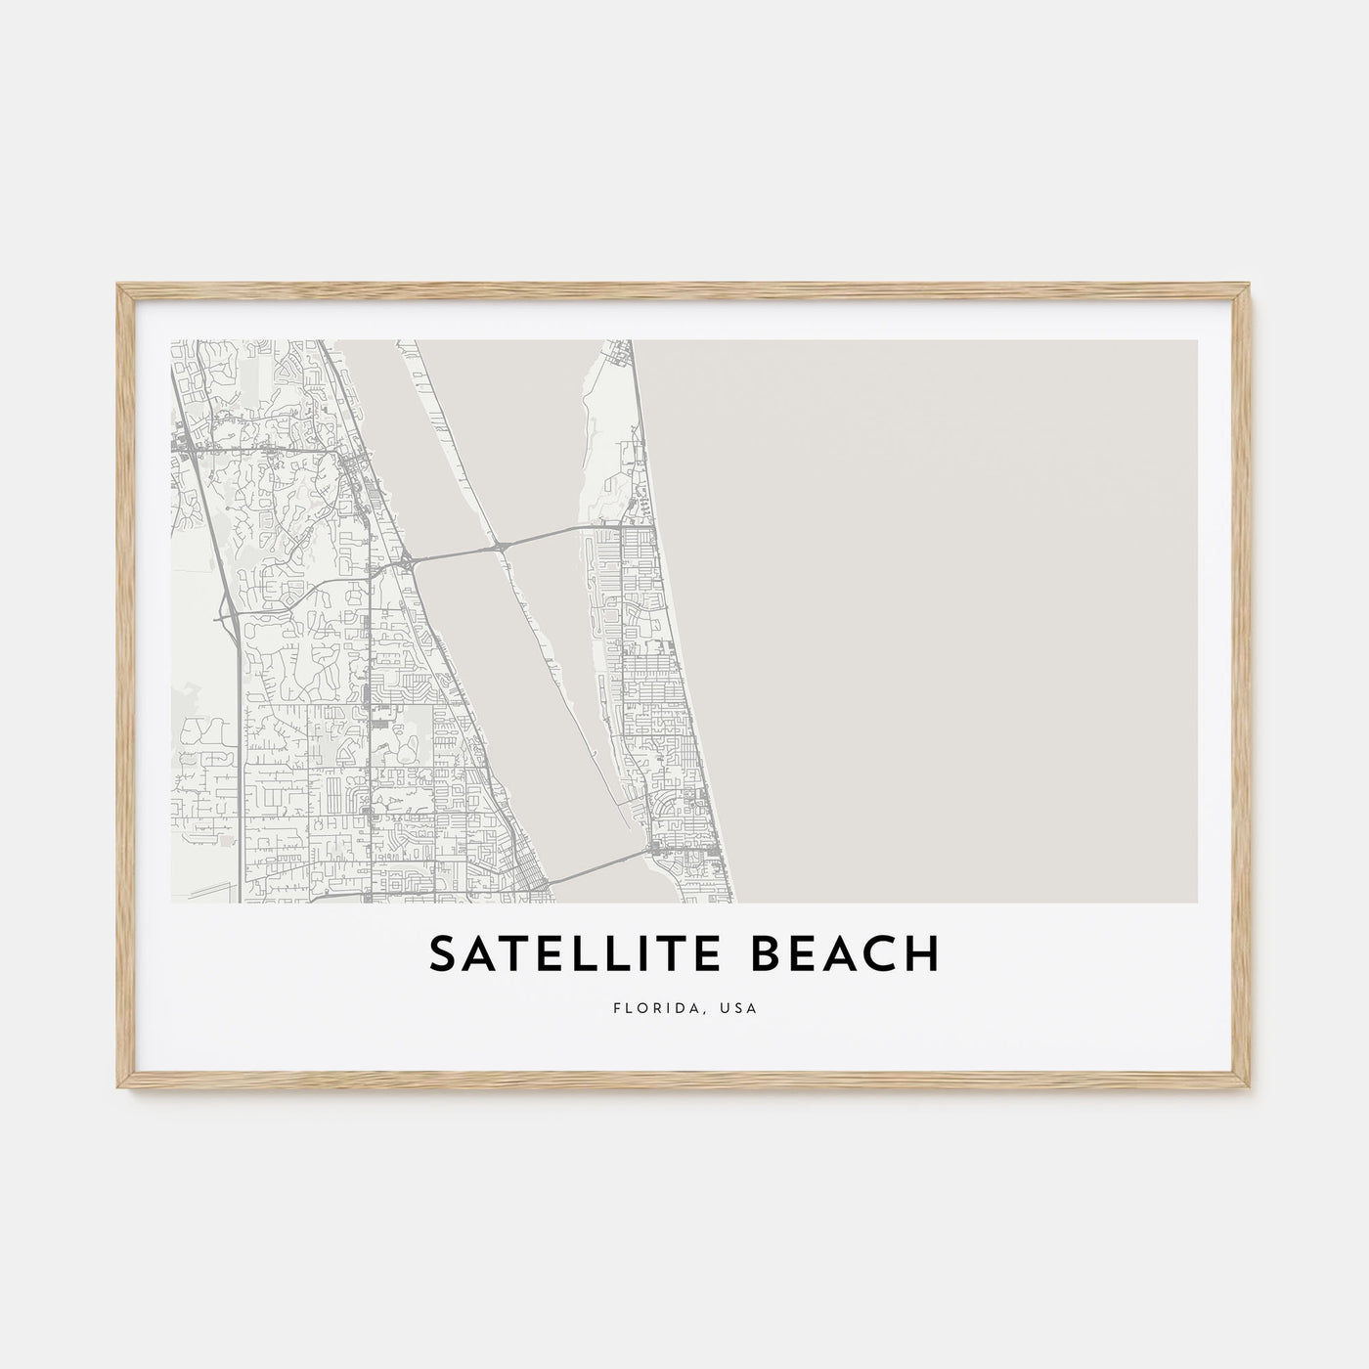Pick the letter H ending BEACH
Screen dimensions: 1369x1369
(x=924, y=954)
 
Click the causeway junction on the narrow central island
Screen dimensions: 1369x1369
(x=501, y=545)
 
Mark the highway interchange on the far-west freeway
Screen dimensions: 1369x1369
(x=227, y=615)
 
